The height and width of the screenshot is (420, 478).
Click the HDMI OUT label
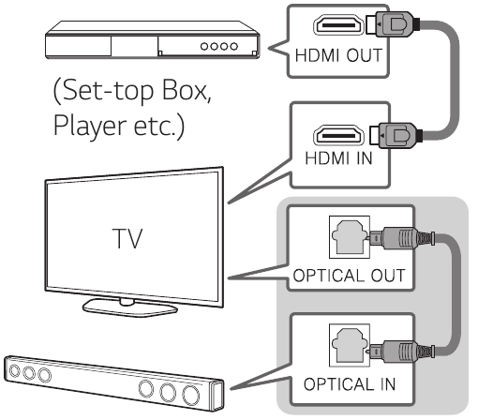click(338, 55)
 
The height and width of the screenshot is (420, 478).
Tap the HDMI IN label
click(339, 157)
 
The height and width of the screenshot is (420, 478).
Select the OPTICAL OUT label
click(349, 276)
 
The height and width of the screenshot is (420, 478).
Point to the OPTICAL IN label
click(350, 384)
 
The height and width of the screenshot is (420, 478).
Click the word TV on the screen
click(127, 238)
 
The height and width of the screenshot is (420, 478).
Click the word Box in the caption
click(184, 90)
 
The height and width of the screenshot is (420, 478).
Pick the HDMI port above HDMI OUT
click(338, 24)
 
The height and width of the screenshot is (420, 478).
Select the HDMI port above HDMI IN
click(338, 135)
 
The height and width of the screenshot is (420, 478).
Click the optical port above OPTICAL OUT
click(350, 237)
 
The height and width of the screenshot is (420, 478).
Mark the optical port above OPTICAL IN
click(350, 345)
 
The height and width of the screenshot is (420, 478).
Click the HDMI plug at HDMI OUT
click(393, 24)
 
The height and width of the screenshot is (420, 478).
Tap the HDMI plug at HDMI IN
click(396, 135)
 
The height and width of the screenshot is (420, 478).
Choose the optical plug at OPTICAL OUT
click(401, 238)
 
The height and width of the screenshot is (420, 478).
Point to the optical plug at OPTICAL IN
click(401, 352)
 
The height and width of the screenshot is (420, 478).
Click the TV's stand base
click(129, 307)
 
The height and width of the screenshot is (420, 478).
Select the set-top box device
click(153, 39)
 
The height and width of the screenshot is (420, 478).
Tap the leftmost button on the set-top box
click(204, 47)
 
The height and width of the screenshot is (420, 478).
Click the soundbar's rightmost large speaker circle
click(190, 395)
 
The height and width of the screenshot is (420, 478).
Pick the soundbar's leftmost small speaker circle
click(14, 370)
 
